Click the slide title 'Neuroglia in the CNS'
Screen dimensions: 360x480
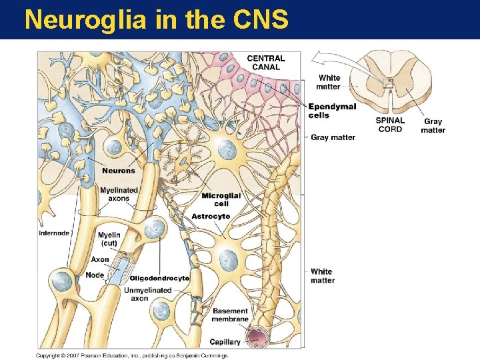(x=156, y=20)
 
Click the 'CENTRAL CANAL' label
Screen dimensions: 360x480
(x=266, y=63)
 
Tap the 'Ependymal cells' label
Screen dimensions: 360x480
(x=332, y=111)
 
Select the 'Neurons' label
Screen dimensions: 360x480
(x=119, y=171)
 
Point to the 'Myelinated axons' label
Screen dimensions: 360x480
(x=119, y=194)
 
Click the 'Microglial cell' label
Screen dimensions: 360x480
(x=221, y=199)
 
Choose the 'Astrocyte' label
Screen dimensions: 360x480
(x=211, y=216)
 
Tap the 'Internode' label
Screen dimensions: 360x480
(x=55, y=233)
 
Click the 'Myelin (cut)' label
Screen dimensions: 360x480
(x=109, y=239)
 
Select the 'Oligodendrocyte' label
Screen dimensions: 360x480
(x=159, y=278)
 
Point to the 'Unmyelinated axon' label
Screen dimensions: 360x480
(x=147, y=294)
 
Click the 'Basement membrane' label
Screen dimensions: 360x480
(x=230, y=315)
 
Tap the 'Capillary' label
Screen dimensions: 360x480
(x=225, y=341)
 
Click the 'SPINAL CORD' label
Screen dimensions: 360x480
(x=389, y=125)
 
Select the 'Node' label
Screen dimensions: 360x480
(x=95, y=275)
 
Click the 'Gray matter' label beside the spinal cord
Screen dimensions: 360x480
(x=433, y=126)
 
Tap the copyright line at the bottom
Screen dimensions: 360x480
(x=131, y=355)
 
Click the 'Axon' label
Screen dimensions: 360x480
(x=100, y=259)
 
